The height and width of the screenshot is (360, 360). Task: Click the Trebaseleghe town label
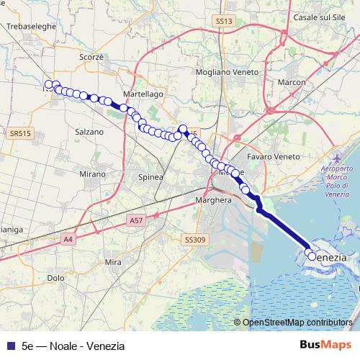point(27,26)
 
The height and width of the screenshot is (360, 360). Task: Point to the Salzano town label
point(89,132)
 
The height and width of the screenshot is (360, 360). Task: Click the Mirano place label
point(93,174)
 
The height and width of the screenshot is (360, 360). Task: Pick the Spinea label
point(150,176)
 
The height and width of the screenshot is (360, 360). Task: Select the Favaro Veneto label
point(273,156)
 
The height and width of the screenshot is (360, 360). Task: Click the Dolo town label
point(55,277)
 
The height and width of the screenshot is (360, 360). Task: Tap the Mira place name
point(113,263)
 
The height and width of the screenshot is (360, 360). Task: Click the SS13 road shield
point(225,22)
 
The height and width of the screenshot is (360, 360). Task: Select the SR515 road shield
point(21,133)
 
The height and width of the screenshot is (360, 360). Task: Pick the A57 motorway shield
point(136,219)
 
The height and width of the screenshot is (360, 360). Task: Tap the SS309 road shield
point(195,239)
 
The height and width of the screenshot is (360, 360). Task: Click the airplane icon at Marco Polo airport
point(338,157)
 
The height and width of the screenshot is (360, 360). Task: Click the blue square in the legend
point(10,346)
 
